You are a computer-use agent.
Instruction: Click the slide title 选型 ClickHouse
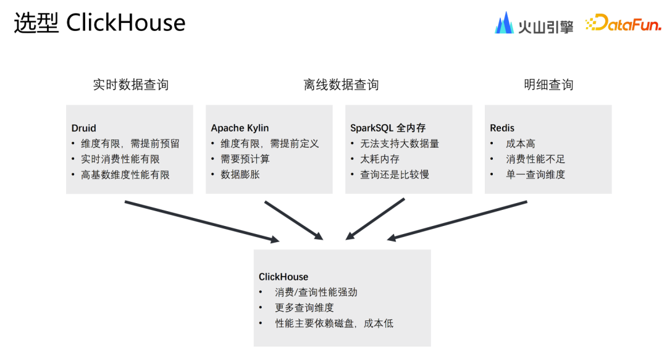point(99,23)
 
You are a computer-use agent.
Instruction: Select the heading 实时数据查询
point(130,85)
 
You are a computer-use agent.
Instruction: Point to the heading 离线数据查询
point(341,85)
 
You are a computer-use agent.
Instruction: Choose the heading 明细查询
point(548,85)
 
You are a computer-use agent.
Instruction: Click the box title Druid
point(84,128)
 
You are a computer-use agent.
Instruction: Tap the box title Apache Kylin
point(240,128)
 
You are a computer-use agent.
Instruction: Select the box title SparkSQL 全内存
point(388,128)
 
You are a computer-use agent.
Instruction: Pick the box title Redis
point(502,128)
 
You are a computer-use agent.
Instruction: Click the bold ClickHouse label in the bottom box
point(283,277)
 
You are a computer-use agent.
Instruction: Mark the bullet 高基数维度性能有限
point(125,175)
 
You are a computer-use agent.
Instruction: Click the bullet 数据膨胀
point(240,175)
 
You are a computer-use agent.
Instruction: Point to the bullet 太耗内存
point(380,159)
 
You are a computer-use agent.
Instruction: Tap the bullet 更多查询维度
point(304,308)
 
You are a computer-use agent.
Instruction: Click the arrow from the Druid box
point(201,221)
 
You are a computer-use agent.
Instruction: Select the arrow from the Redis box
point(458,219)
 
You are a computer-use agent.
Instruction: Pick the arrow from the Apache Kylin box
point(293,220)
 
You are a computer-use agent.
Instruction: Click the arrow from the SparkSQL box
point(375,219)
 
